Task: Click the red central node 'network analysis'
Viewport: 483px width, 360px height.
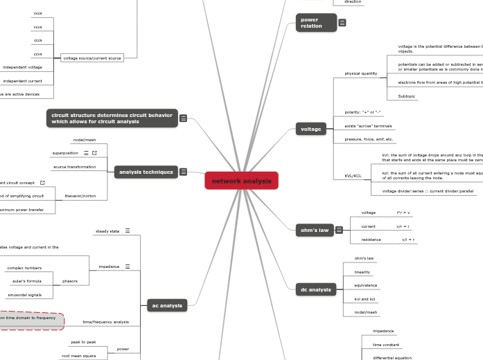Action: point(241,181)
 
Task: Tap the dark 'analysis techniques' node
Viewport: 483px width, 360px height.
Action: point(146,172)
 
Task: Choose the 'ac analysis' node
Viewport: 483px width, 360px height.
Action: point(167,305)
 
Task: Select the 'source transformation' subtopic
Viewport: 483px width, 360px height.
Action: point(74,167)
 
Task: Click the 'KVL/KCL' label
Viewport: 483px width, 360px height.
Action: point(353,176)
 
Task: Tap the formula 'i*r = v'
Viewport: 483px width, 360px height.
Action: point(403,213)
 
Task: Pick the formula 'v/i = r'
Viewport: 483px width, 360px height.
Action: point(408,240)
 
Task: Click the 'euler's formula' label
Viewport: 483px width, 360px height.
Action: point(27,281)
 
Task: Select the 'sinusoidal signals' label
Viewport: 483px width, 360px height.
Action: point(24,295)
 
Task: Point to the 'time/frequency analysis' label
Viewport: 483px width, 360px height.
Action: point(105,322)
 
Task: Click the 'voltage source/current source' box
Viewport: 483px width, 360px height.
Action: point(92,58)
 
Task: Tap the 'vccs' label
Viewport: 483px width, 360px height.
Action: point(37,13)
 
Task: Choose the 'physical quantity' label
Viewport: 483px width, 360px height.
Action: point(360,73)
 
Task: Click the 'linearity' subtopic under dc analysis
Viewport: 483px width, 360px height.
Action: point(362,272)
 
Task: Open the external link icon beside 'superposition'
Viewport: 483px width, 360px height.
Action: point(94,152)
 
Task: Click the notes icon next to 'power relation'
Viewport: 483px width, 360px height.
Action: point(342,23)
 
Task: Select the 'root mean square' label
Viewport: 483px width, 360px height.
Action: point(78,356)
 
